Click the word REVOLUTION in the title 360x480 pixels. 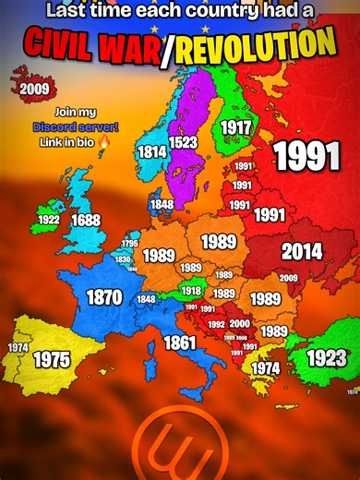[268, 44]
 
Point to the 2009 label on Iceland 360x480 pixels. [33, 89]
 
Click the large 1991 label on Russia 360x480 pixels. [306, 156]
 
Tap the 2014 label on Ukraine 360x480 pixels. [302, 250]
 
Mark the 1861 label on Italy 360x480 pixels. [180, 343]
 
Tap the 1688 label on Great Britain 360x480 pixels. [86, 221]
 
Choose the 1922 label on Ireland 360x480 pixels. [48, 221]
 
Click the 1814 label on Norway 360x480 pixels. [151, 151]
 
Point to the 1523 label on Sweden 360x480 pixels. [183, 142]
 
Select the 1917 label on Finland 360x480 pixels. [235, 127]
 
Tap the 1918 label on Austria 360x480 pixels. [191, 291]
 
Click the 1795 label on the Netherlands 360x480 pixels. [130, 244]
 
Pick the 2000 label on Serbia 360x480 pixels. [239, 323]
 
